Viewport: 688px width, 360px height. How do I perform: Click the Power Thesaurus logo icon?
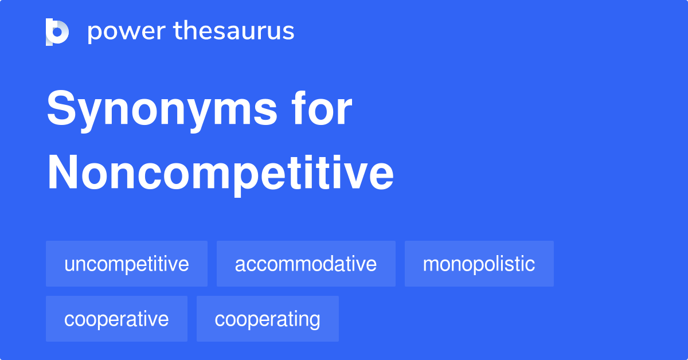pos(57,32)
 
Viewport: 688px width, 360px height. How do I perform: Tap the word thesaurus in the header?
pos(234,32)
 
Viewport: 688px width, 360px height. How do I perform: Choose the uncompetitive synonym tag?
pos(127,264)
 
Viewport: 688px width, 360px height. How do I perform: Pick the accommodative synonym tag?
pos(306,264)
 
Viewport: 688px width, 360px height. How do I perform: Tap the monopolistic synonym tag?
pos(479,264)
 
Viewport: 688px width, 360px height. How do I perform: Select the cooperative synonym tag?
pos(116,319)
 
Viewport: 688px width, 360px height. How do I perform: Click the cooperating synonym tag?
pos(267,319)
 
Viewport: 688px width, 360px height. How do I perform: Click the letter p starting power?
pos(94,33)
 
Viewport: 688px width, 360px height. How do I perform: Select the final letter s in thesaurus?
pos(288,33)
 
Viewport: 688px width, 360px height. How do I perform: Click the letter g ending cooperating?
pos(315,321)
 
